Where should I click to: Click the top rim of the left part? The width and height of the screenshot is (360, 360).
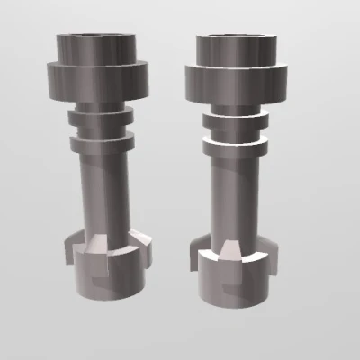[98, 37]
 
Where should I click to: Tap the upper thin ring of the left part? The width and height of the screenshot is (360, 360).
[98, 117]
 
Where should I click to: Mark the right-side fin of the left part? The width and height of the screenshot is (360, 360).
[145, 244]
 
